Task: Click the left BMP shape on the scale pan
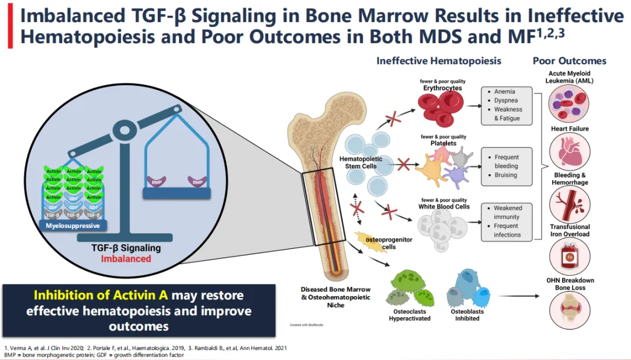[157, 182]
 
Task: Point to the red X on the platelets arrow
[403, 163]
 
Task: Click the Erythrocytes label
[443, 88]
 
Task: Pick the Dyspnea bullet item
[506, 101]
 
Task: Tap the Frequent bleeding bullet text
[506, 161]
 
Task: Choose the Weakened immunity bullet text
[507, 212]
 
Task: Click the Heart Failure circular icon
[569, 152]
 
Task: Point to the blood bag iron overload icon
[569, 257]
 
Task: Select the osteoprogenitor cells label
[380, 243]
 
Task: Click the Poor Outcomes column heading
[569, 61]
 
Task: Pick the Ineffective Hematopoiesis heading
[439, 61]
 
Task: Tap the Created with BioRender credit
[306, 324]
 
